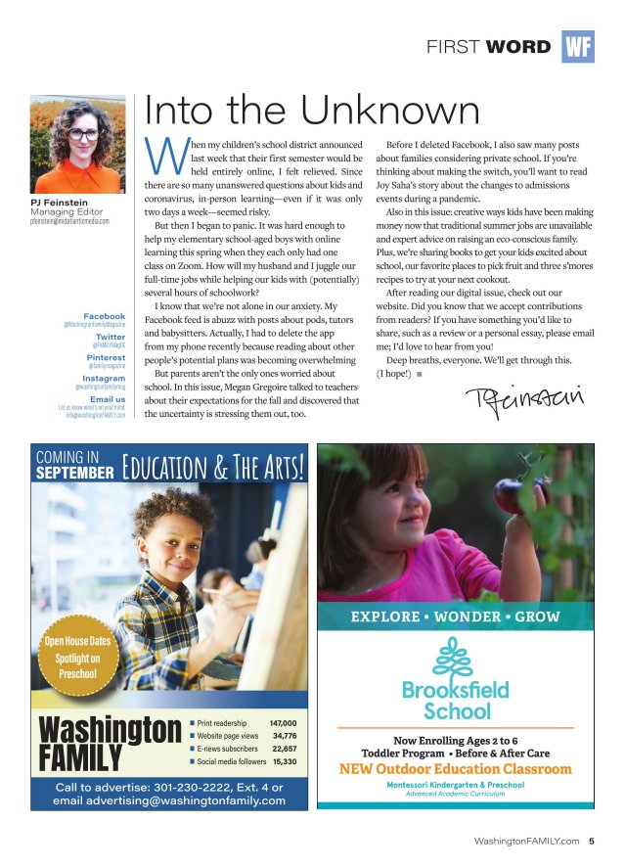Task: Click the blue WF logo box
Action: (577, 46)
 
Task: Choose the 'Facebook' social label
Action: (104, 316)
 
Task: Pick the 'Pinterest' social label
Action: (106, 358)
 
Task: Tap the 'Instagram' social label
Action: (104, 379)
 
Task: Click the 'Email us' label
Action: (107, 399)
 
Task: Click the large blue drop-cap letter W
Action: (159, 152)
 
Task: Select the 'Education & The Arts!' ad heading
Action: (214, 464)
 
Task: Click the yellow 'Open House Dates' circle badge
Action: (78, 658)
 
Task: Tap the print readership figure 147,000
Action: (282, 722)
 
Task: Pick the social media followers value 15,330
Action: (285, 760)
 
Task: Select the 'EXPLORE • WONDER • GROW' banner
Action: (455, 617)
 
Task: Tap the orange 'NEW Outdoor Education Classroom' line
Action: (455, 769)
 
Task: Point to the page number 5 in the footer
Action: (592, 841)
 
